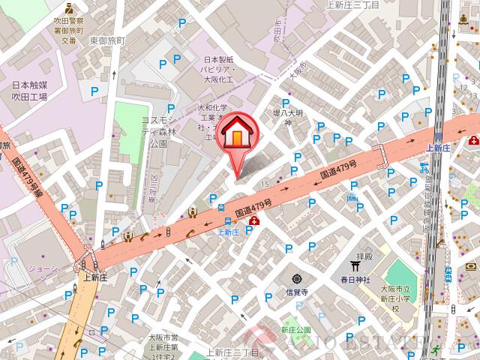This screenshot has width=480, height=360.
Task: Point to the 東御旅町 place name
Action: [x=127, y=39]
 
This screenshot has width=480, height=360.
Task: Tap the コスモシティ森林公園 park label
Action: [x=159, y=131]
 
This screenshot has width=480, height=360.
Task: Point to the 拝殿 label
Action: [x=364, y=256]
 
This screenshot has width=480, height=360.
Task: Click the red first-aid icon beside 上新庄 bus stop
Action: [x=255, y=220]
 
